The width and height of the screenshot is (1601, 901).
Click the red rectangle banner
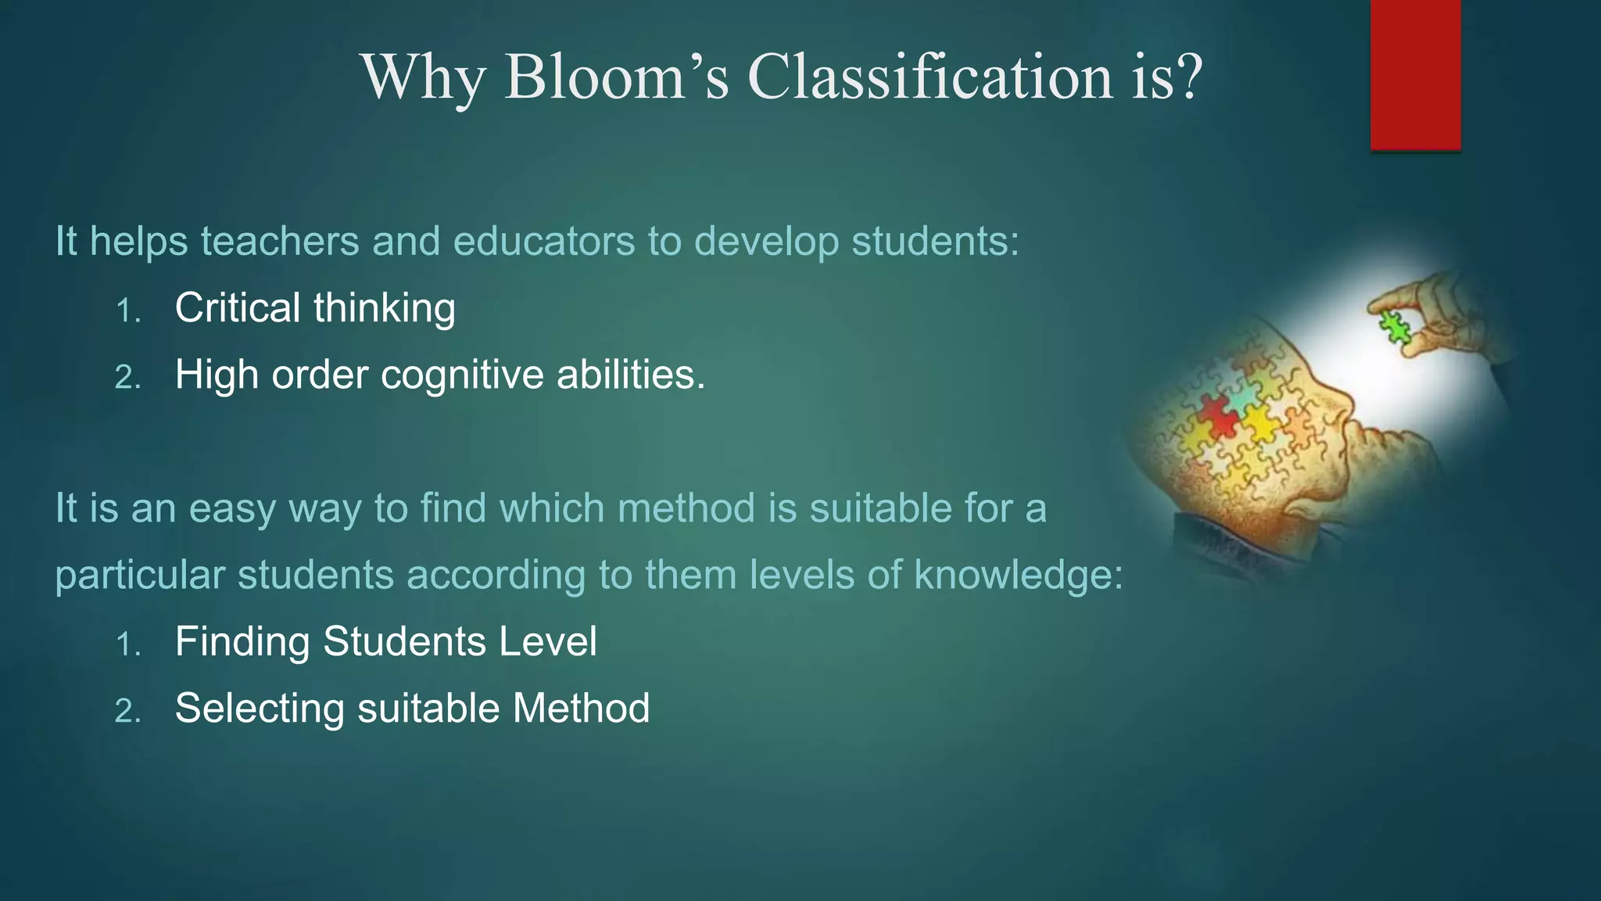1415,74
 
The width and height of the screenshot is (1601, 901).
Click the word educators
543,241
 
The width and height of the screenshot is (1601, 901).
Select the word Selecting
260,709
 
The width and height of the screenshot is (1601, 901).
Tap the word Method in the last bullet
581,709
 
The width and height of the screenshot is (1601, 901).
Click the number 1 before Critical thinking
126,311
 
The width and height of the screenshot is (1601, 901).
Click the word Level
548,641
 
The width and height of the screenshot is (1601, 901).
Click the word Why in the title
423,78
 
